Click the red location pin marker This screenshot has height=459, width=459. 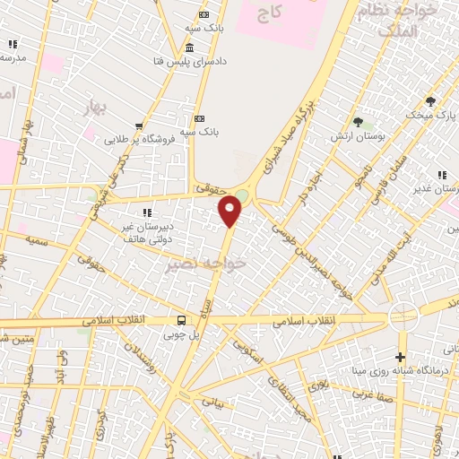click(x=231, y=211)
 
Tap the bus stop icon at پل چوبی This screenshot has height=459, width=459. click(x=183, y=320)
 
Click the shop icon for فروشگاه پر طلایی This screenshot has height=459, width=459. click(x=138, y=126)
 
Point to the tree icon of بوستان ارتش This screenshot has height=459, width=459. click(x=359, y=121)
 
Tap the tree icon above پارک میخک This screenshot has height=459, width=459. click(x=430, y=101)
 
